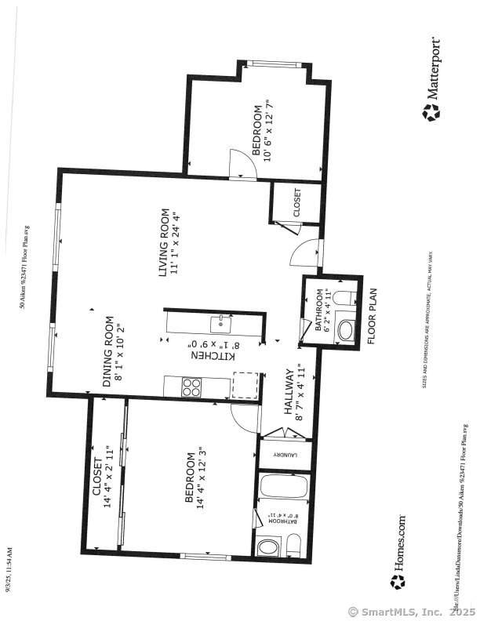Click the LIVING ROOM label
165,242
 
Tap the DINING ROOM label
108,352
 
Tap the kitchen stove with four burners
191,387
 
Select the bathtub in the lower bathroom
283,487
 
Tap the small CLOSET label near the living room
296,203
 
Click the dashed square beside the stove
245,386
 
